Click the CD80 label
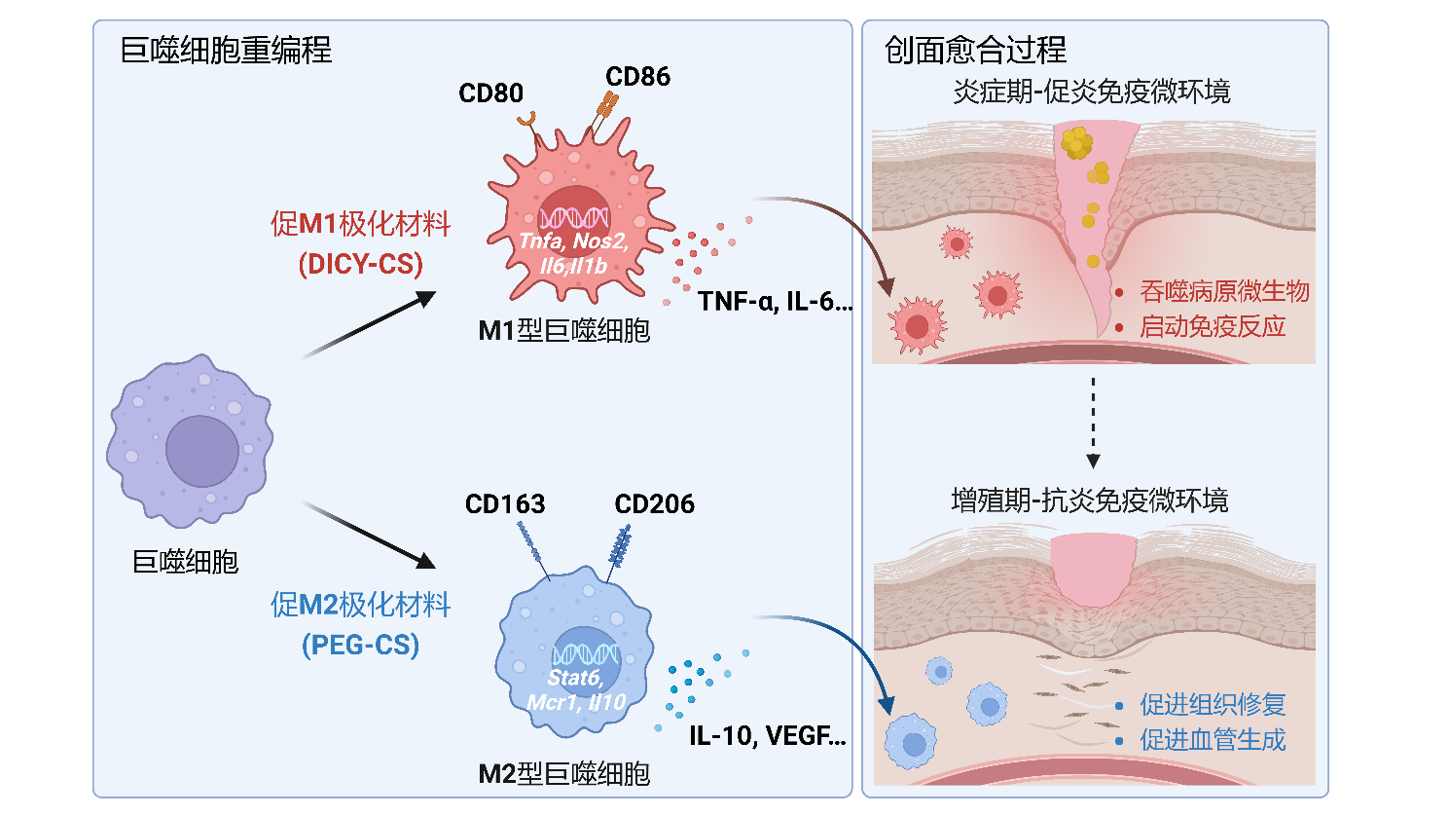click(491, 93)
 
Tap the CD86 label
click(637, 77)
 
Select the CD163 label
click(505, 504)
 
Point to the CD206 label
click(654, 504)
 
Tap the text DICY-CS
click(361, 264)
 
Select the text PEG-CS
click(361, 645)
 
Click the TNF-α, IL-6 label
click(774, 302)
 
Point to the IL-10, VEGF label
click(767, 735)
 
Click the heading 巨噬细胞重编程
click(226, 50)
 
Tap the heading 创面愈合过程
click(975, 50)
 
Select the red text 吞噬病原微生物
click(1224, 291)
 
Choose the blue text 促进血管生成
click(1213, 740)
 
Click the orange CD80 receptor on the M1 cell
click(526, 120)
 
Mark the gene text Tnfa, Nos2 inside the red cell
click(573, 241)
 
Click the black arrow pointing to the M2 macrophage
click(370, 536)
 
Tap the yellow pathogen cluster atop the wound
click(1076, 142)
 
